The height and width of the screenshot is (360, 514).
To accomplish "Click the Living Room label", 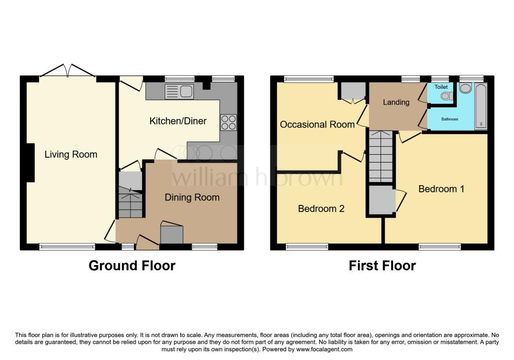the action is coord(71,154).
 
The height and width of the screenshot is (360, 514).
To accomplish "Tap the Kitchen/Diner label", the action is coord(178,121).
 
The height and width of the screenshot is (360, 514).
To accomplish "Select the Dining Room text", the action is coord(192,197).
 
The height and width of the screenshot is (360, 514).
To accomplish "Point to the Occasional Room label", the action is coord(317,125).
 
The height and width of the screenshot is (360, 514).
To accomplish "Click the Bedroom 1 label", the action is coord(442,189).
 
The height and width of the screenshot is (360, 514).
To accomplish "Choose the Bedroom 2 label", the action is coord(321,208).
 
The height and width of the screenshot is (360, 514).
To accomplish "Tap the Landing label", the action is coord(397,102).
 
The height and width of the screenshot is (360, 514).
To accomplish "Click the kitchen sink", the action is coord(179,91).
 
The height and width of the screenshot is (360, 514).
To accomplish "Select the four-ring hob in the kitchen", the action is coord(229,123).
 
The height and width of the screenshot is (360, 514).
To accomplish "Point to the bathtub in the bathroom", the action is coord(481,106).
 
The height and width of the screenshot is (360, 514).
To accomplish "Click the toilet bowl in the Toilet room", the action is coord(446,96).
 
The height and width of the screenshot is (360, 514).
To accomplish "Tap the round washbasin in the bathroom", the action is coord(465,88).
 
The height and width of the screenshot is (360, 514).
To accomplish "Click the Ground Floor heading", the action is coord(132,266).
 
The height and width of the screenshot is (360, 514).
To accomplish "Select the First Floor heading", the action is coord(382,266).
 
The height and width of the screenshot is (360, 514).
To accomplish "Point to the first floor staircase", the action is coord(381,156).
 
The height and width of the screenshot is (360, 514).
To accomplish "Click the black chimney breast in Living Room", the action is coord(30,163).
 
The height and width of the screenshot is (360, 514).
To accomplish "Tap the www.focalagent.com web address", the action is coord(324,349).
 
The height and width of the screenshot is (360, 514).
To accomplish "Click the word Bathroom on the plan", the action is coord(450,119).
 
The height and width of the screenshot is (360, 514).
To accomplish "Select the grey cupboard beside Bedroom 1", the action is coord(382,200).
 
